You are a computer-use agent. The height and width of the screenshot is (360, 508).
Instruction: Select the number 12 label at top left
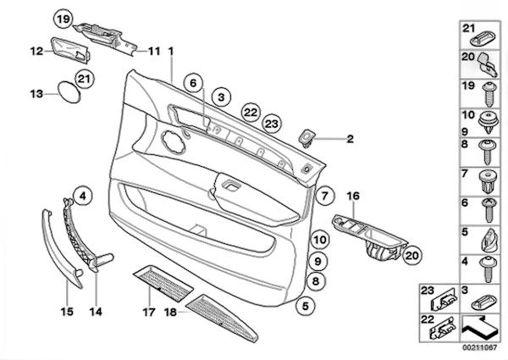pyautogui.click(x=36, y=52)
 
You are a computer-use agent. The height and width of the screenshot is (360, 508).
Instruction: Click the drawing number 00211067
pyautogui.click(x=480, y=347)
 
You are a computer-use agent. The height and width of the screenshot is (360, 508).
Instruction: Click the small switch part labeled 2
pyautogui.click(x=308, y=136)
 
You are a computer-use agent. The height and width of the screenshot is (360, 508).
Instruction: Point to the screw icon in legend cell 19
pyautogui.click(x=491, y=87)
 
